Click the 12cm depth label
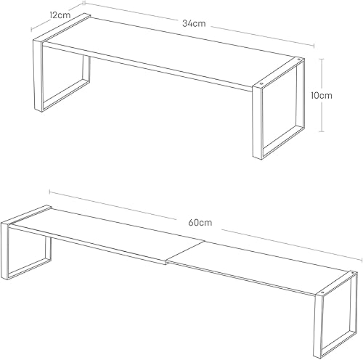60,15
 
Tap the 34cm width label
194,23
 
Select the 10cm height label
322,95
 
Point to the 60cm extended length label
200,222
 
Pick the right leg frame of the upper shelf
258,122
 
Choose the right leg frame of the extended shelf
318,327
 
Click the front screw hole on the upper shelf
261,83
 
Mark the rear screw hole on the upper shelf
298,59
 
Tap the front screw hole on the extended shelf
322,292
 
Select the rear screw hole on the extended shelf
353,273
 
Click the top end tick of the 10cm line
322,59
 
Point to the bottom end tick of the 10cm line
322,131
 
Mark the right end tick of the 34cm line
314,46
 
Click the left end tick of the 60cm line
49,192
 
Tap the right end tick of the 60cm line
362,260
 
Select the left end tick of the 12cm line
31,29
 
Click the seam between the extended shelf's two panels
185,251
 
